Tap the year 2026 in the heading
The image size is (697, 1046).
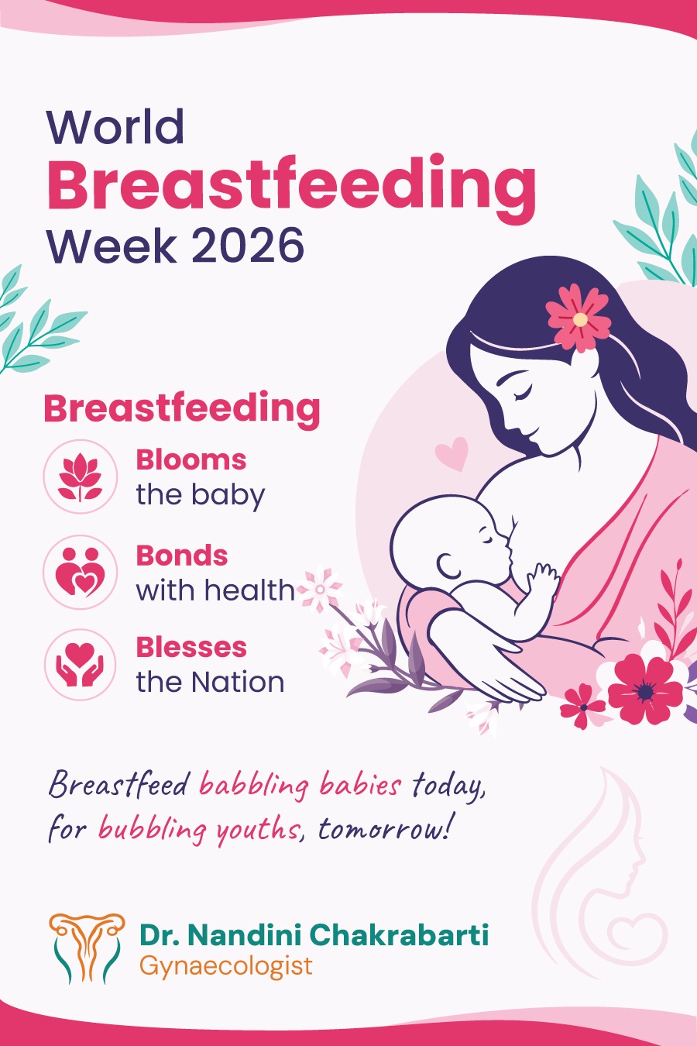(x=247, y=245)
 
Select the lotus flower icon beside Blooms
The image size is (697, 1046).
(x=81, y=477)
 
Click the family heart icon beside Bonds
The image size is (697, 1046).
(x=81, y=572)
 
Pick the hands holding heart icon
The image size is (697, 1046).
(x=81, y=665)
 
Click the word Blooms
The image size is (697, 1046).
(x=191, y=460)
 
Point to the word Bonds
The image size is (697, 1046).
(x=181, y=556)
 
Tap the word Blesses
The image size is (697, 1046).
(x=191, y=648)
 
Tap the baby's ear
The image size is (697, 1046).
(x=448, y=566)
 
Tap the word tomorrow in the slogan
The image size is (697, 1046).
(x=384, y=829)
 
